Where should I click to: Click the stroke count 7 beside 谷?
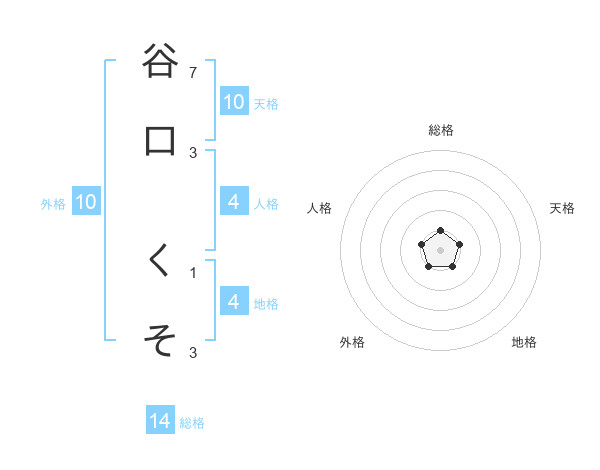pyautogui.click(x=194, y=73)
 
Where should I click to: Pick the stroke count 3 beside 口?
pyautogui.click(x=194, y=153)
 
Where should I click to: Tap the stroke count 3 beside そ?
pyautogui.click(x=194, y=353)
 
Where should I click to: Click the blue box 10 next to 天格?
pyautogui.click(x=234, y=102)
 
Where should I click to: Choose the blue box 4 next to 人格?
pyautogui.click(x=234, y=202)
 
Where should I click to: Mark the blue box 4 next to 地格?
pyautogui.click(x=234, y=301)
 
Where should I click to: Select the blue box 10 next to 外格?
pyautogui.click(x=87, y=202)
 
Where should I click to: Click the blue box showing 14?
pyautogui.click(x=160, y=421)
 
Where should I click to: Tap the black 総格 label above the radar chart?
pyautogui.click(x=441, y=130)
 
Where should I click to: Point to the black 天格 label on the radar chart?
pyautogui.click(x=562, y=208)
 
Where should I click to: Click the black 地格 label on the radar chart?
pyautogui.click(x=524, y=342)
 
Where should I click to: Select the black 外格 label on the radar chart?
pyautogui.click(x=352, y=342)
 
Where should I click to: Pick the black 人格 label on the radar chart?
pyautogui.click(x=320, y=208)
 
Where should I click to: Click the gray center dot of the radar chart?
pyautogui.click(x=440, y=249)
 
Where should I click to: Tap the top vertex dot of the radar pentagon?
pyautogui.click(x=440, y=232)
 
